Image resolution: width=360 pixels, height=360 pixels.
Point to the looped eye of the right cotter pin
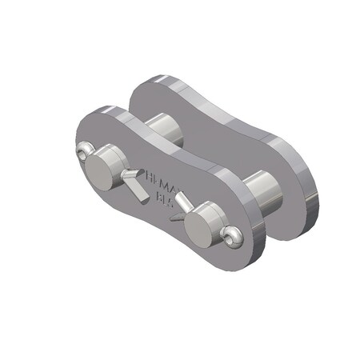232,234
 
